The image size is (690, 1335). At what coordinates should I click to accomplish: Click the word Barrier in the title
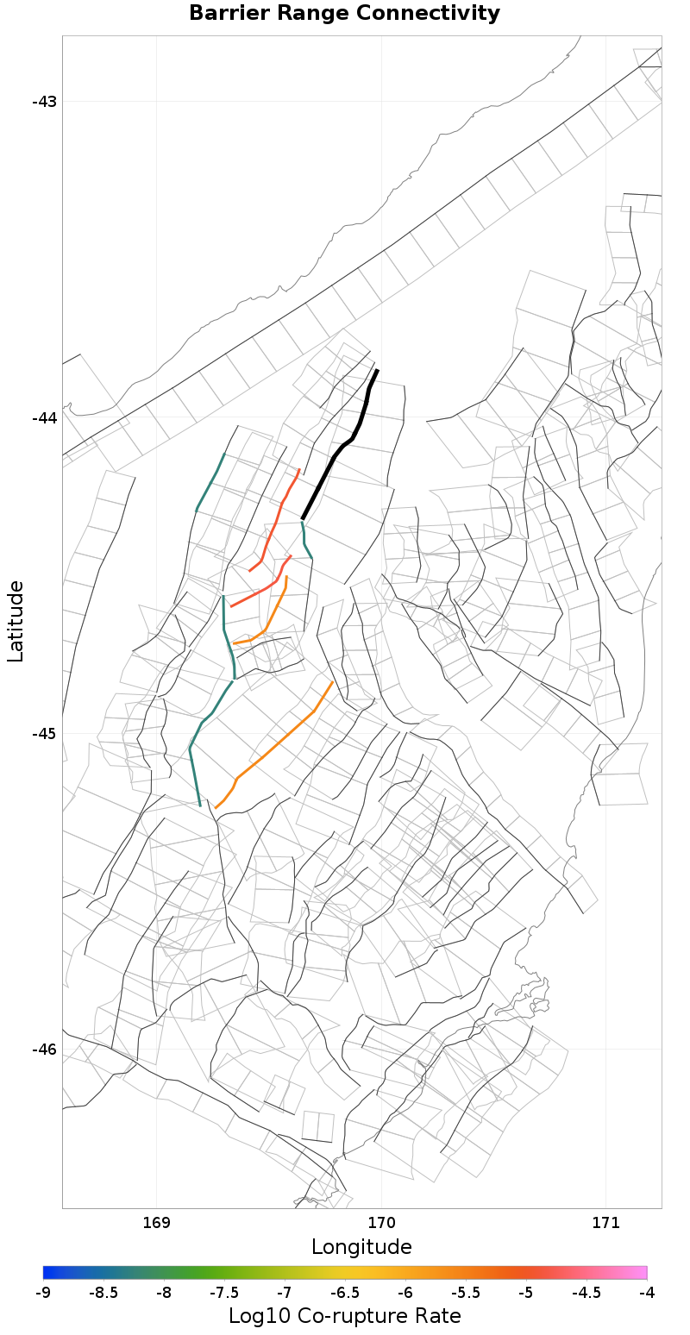coord(227,14)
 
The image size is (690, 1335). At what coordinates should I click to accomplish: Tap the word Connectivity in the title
coord(424,14)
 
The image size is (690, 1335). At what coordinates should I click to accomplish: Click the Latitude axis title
coord(16,621)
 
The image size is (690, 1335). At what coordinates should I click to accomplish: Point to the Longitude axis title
coord(361,1247)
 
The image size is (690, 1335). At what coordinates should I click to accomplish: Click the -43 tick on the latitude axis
coord(44,102)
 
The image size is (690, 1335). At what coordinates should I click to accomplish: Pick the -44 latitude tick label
coord(44,417)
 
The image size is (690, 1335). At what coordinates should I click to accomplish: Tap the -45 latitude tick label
coord(44,734)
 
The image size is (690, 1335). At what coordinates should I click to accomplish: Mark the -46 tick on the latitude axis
coord(44,1050)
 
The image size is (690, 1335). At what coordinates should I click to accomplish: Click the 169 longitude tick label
coord(156,1222)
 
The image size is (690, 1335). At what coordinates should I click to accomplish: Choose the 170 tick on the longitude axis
coord(381,1222)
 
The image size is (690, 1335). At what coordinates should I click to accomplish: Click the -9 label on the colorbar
coord(43,1293)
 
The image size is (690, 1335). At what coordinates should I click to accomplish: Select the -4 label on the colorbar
coord(647,1293)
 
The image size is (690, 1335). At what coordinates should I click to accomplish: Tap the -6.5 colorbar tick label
coord(345,1293)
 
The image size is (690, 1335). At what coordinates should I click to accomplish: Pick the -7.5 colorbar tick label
coord(224,1293)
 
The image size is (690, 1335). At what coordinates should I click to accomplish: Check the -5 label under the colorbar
coord(526,1293)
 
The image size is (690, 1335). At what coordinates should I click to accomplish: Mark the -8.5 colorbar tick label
coord(103,1293)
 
